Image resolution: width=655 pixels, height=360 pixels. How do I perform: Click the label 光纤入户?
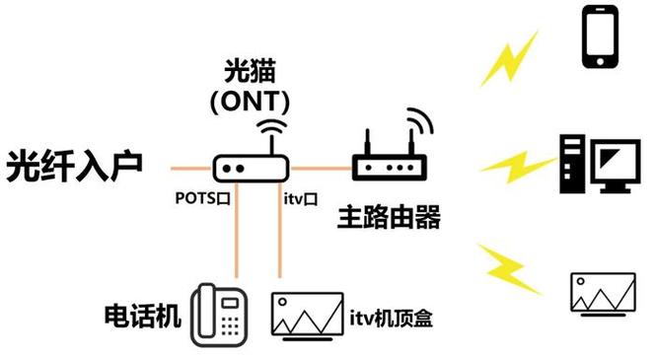click(75, 166)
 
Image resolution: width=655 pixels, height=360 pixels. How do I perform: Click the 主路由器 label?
click(387, 217)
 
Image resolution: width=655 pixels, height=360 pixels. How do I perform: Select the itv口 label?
click(300, 200)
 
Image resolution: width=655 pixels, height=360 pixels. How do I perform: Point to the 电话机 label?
click(143, 316)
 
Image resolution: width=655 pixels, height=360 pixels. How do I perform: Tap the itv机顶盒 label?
click(392, 318)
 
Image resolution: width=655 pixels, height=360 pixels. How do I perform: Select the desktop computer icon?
click(595, 164)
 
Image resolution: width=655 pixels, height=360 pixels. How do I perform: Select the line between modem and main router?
click(319, 166)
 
